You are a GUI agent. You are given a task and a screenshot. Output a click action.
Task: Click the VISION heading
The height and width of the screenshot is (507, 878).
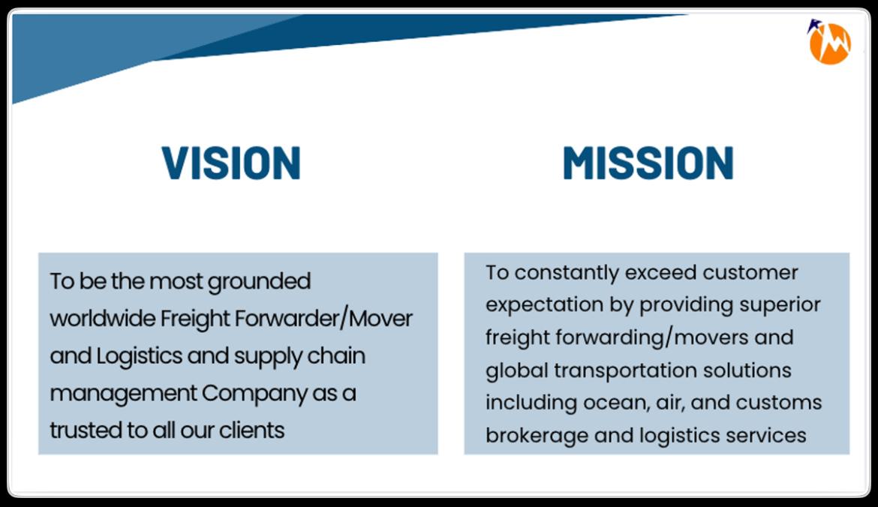point(231,163)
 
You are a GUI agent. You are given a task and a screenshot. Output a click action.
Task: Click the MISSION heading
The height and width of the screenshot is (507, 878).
point(648,163)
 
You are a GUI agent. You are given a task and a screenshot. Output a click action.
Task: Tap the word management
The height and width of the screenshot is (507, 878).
point(115,393)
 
